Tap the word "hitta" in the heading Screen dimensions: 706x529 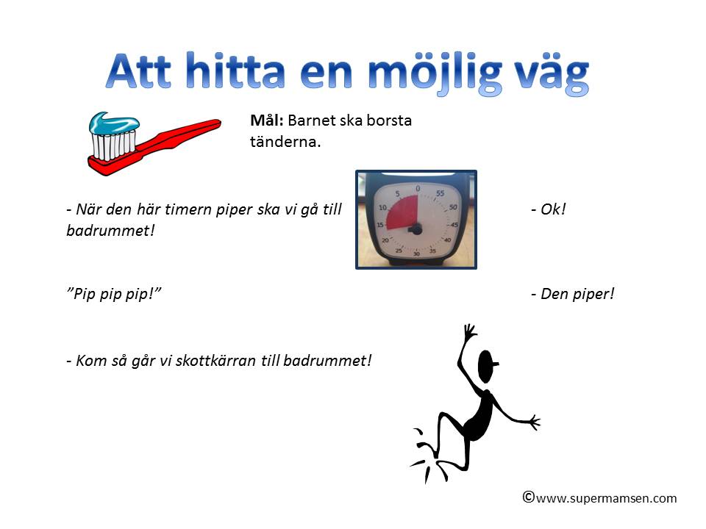pyautogui.click(x=235, y=71)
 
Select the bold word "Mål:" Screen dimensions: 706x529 pyautogui.click(x=266, y=120)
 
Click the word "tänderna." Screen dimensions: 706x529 pyautogui.click(x=285, y=142)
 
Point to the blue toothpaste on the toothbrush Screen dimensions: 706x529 pyautogui.click(x=114, y=123)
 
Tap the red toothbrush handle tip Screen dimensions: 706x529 pyautogui.click(x=216, y=123)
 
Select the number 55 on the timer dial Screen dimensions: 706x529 pyautogui.click(x=440, y=193)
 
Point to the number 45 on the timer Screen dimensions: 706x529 pyautogui.click(x=454, y=225)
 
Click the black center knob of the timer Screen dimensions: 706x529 pyautogui.click(x=416, y=230)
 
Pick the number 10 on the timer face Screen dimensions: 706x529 pyautogui.click(x=382, y=207)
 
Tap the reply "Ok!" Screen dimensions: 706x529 pyautogui.click(x=548, y=209)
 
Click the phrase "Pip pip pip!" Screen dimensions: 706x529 pyautogui.click(x=113, y=295)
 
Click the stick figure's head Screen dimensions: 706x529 pyautogui.click(x=487, y=365)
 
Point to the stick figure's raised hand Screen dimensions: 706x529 pyautogui.click(x=469, y=332)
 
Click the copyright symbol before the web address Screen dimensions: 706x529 pyautogui.click(x=529, y=497)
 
